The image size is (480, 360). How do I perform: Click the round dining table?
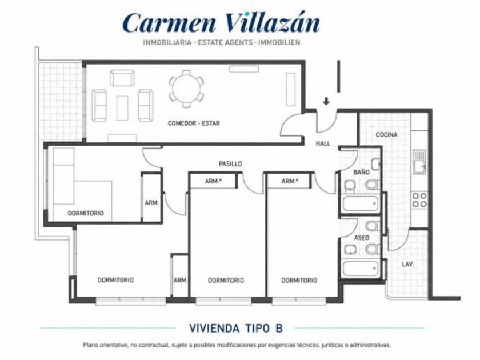click(x=186, y=89)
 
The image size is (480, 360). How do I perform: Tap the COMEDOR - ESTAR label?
click(x=194, y=123)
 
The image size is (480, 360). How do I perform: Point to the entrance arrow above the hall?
click(x=326, y=101)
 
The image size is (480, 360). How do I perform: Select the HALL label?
click(x=323, y=143)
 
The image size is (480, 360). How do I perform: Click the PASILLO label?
click(x=230, y=164)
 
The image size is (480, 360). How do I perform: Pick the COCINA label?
click(x=387, y=135)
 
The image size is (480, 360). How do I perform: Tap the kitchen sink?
click(x=419, y=162)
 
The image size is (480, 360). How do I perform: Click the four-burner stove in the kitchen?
click(x=419, y=199)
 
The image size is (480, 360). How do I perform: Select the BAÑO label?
click(x=361, y=173)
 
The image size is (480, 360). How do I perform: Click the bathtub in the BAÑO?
click(x=361, y=203)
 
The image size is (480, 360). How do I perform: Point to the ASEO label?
click(x=362, y=238)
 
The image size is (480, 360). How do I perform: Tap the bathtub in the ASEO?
click(x=361, y=268)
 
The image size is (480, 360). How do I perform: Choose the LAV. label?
click(x=408, y=264)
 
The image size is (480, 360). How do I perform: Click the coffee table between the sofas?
click(x=122, y=108)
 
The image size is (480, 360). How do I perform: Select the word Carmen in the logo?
click(x=170, y=23)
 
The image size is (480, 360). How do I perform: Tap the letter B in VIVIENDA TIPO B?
click(x=279, y=328)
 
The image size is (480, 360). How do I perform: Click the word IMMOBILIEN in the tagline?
click(x=279, y=42)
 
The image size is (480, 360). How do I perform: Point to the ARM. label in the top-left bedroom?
click(x=151, y=203)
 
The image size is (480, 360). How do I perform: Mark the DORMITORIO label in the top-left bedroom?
click(x=86, y=213)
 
